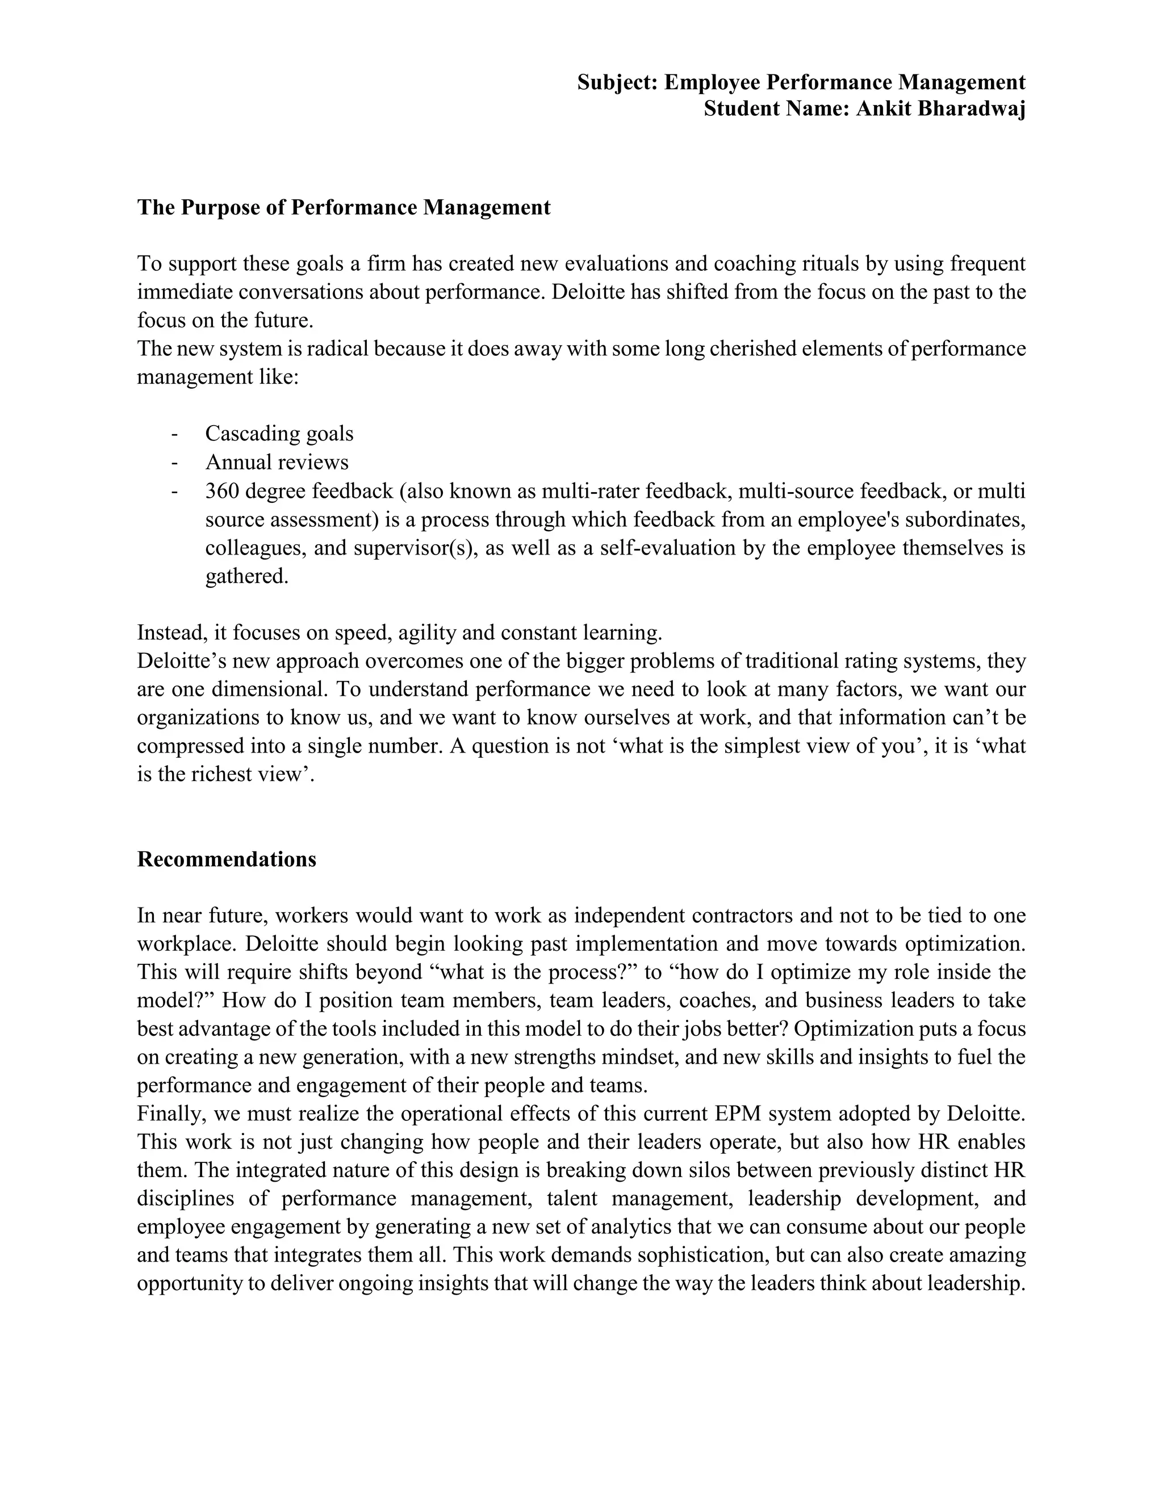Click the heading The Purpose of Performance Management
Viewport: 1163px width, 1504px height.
tap(344, 207)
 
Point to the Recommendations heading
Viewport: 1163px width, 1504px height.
tap(227, 859)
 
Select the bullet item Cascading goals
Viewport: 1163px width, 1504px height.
tap(279, 434)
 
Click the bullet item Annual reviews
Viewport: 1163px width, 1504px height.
tap(277, 462)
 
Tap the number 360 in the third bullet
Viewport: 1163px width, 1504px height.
tap(221, 491)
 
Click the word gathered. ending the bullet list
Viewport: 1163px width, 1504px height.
tap(246, 577)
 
